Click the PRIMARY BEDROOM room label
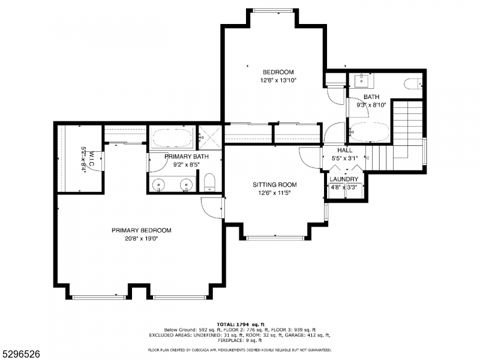pos(141,230)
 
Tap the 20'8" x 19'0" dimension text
pos(141,238)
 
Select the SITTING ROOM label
pos(274,185)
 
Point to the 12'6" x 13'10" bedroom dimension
pos(278,80)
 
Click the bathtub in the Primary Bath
pos(172,139)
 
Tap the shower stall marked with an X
pos(210,138)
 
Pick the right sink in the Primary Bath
pos(187,184)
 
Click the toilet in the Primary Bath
pos(209,182)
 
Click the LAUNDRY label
pos(344,179)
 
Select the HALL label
pos(344,151)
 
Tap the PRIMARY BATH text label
pos(185,157)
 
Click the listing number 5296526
pos(20,354)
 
